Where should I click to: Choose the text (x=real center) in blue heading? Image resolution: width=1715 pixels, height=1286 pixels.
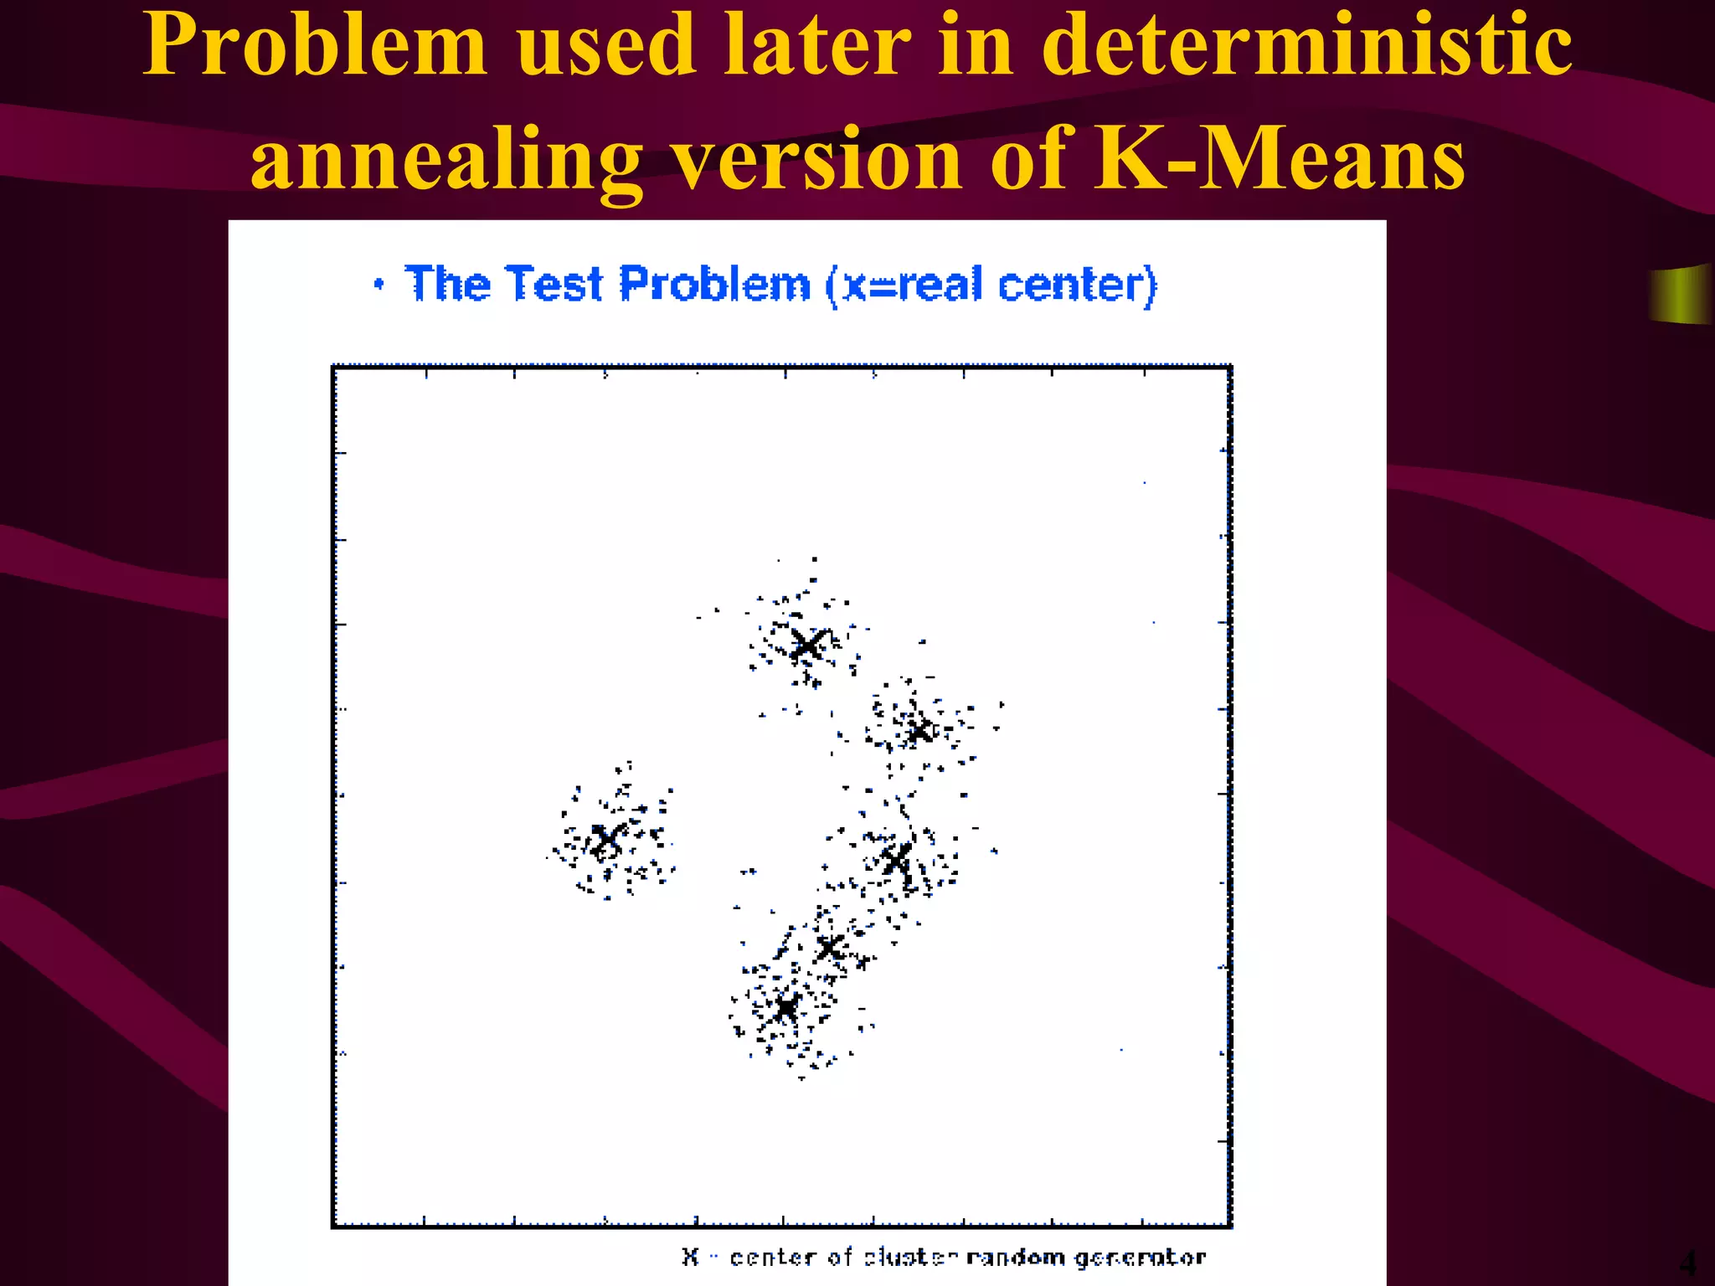pyautogui.click(x=991, y=285)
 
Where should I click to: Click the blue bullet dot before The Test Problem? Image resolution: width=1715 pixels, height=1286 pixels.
pyautogui.click(x=379, y=285)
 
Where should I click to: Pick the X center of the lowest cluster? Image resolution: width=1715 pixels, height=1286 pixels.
pyautogui.click(x=785, y=1007)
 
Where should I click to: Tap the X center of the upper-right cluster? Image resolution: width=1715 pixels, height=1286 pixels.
pyautogui.click(x=919, y=731)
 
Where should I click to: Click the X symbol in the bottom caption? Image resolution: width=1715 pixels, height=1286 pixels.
pyautogui.click(x=690, y=1257)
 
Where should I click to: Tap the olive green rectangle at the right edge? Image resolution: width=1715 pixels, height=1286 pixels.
pyautogui.click(x=1680, y=294)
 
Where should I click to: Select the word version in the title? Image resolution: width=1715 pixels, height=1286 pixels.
pyautogui.click(x=817, y=159)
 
